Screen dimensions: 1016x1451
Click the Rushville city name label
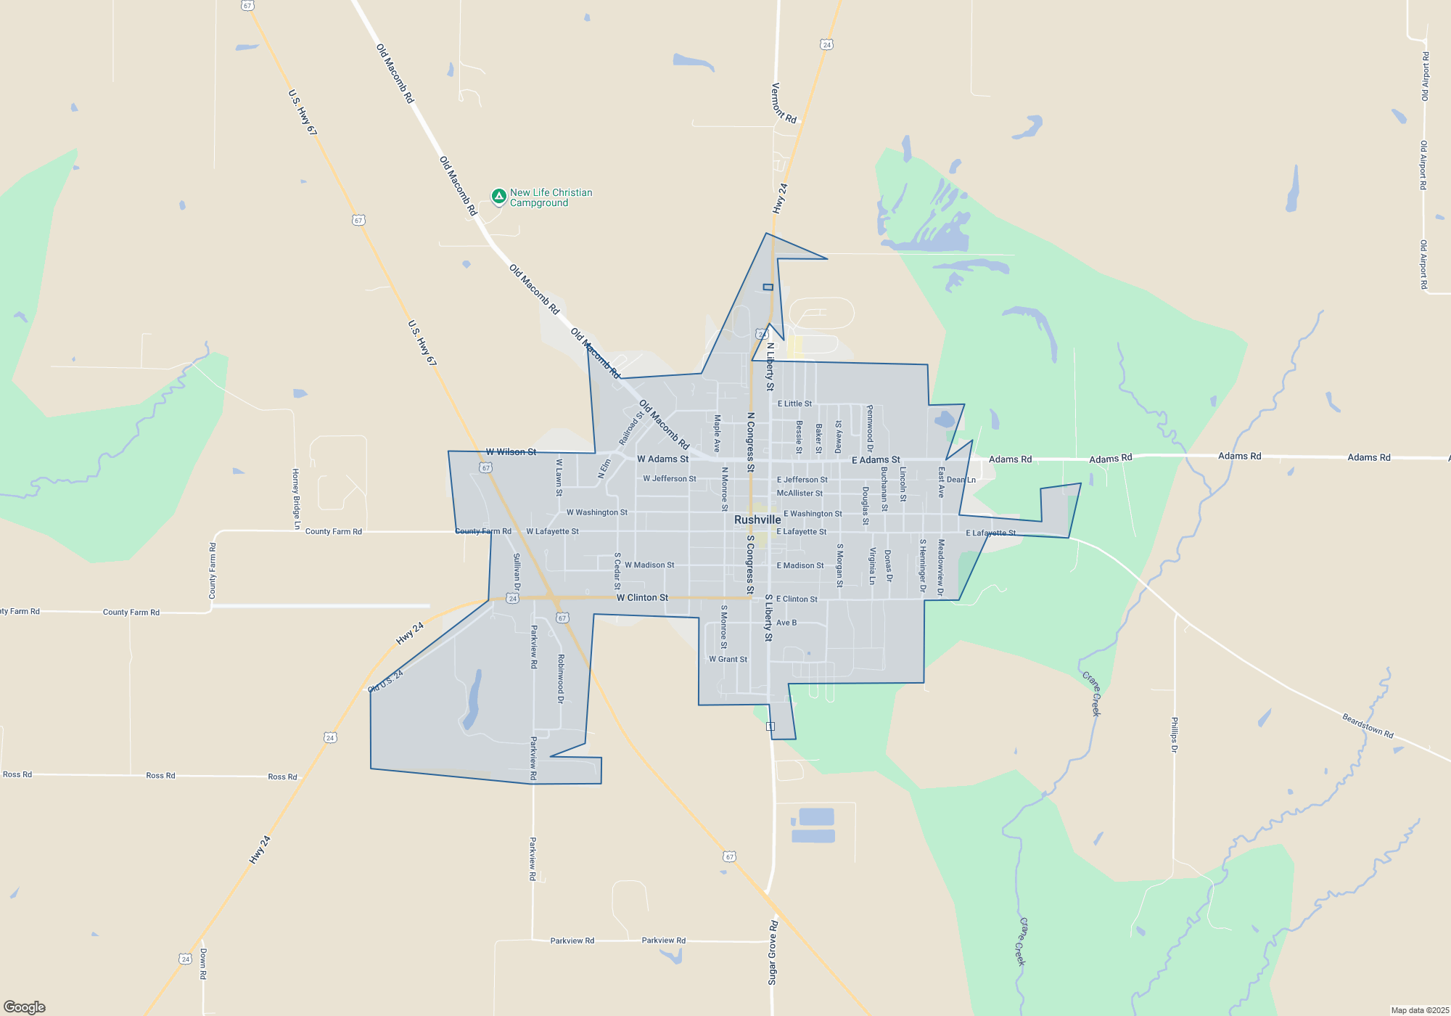757,520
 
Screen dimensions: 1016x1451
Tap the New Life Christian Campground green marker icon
498,196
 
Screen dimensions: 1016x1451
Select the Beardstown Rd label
1368,726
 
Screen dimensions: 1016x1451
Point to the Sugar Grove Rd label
773,952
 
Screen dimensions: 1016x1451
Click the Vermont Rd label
784,103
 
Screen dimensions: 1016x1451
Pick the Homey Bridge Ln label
296,499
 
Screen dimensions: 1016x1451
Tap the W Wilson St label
511,452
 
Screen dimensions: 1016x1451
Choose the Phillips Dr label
1174,735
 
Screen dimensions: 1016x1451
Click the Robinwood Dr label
561,679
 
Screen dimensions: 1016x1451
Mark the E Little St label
794,403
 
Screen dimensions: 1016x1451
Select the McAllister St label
800,493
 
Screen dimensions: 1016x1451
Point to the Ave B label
786,623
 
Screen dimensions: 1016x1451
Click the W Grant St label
728,659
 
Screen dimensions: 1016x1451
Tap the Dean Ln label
961,480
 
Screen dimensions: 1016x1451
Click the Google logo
25,1007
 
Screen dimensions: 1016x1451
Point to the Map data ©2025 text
1420,1010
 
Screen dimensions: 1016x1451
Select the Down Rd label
203,964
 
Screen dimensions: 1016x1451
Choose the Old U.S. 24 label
386,681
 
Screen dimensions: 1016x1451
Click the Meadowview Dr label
941,568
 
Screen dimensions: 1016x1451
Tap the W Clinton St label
642,598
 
